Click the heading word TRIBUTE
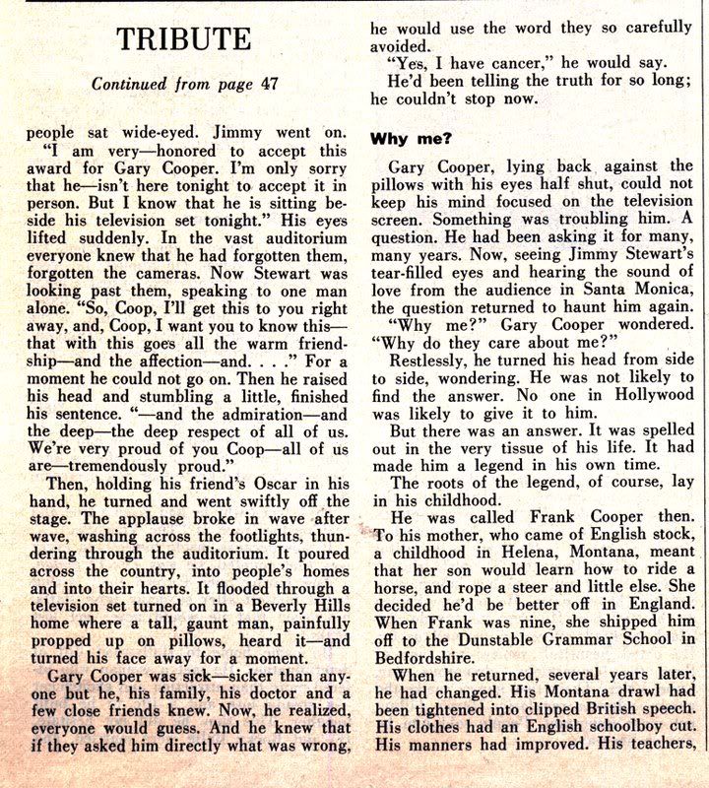click(x=184, y=39)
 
